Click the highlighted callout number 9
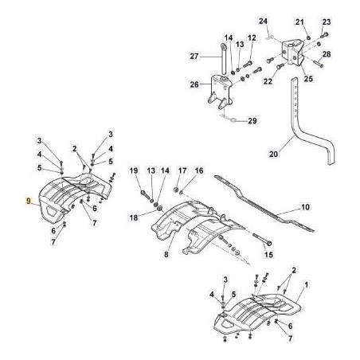pyautogui.click(x=29, y=201)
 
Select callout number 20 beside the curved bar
pyautogui.click(x=273, y=154)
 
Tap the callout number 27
pyautogui.click(x=194, y=57)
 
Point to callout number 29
pyautogui.click(x=252, y=121)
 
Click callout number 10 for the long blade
pyautogui.click(x=306, y=206)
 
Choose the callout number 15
pyautogui.click(x=268, y=255)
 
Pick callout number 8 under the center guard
pyautogui.click(x=166, y=255)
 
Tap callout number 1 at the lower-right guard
pyautogui.click(x=306, y=285)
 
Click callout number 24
pyautogui.click(x=264, y=21)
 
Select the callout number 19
pyautogui.click(x=134, y=170)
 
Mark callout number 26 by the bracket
pyautogui.click(x=194, y=84)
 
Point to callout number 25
pyautogui.click(x=308, y=79)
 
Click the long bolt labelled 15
pyautogui.click(x=262, y=239)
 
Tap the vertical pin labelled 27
pyautogui.click(x=223, y=59)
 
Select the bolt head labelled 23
pyautogui.click(x=324, y=34)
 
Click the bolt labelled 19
pyautogui.click(x=144, y=194)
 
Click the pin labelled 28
pyautogui.click(x=319, y=64)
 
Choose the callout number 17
pyautogui.click(x=182, y=170)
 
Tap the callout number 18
pyautogui.click(x=134, y=217)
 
